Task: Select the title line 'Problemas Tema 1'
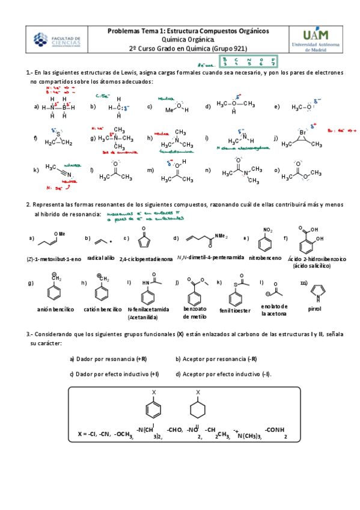188,31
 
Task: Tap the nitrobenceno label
265,257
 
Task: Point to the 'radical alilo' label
101,257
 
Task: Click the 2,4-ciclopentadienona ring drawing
144,241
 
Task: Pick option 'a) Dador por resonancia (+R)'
108,359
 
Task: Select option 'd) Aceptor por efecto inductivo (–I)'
223,374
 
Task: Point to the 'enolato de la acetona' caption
275,310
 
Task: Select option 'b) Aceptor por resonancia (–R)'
216,359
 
